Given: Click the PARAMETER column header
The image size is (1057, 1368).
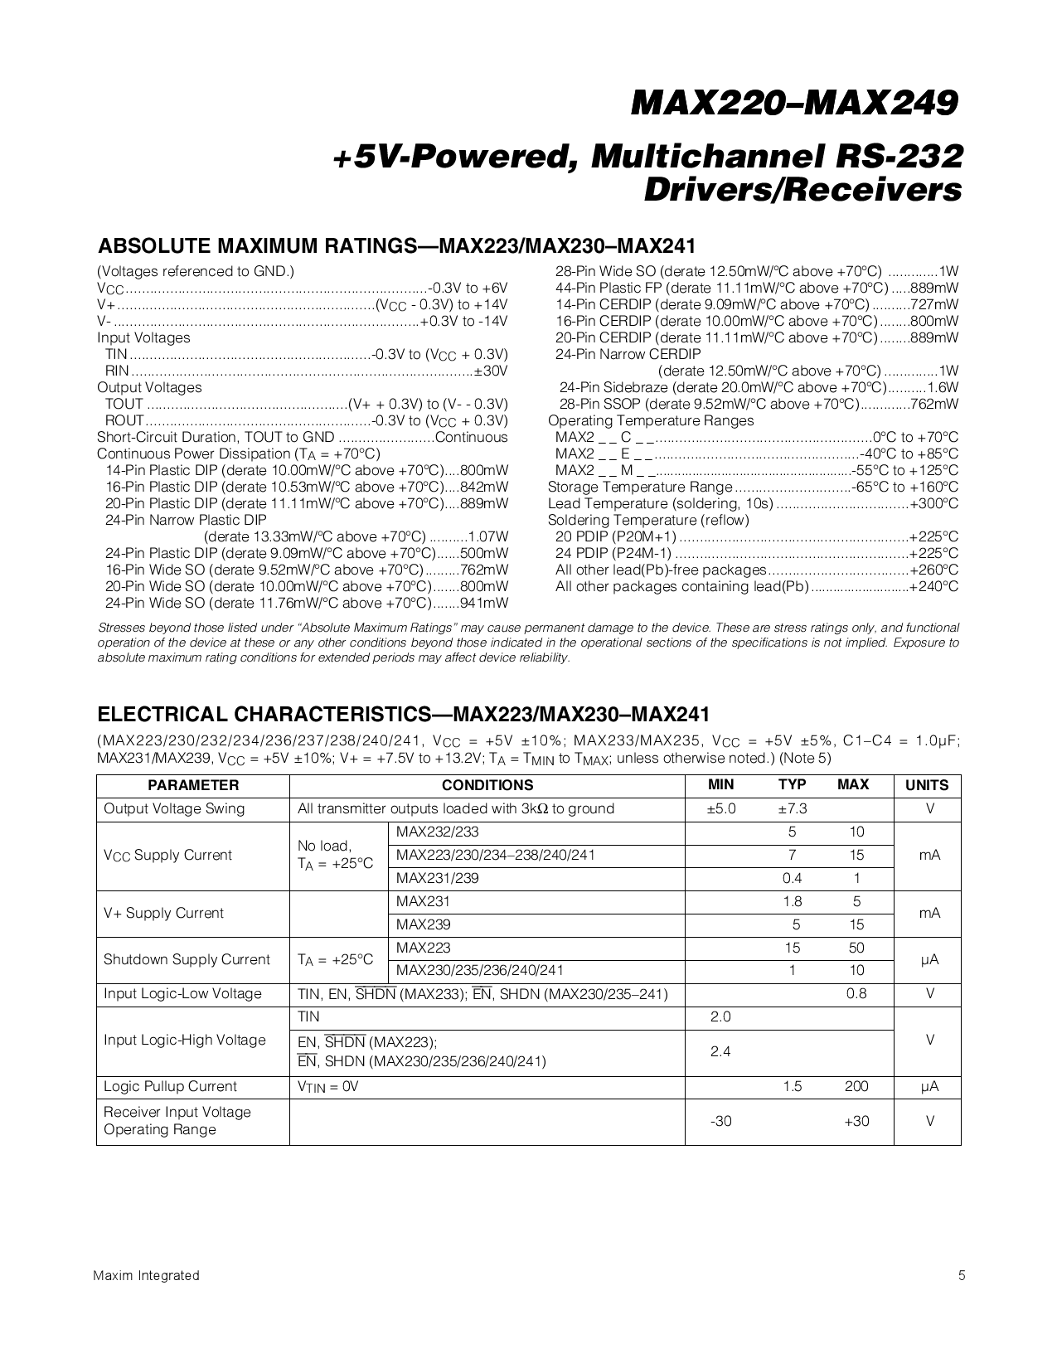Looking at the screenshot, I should click(x=193, y=785).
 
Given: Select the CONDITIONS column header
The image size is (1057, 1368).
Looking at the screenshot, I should click(x=487, y=785).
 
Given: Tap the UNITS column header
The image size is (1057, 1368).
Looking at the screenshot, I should click(x=927, y=785).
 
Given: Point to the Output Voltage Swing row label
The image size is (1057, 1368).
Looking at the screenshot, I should click(x=174, y=808).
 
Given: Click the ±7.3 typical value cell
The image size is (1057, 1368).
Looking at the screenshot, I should click(x=792, y=808).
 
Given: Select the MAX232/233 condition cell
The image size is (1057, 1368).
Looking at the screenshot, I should click(x=437, y=832).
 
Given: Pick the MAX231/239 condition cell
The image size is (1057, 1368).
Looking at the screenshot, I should click(x=437, y=878).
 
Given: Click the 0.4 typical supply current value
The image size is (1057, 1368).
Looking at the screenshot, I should click(x=792, y=878).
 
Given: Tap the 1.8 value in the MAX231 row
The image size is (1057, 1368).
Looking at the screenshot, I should click(x=792, y=901).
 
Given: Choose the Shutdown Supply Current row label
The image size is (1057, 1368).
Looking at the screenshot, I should click(x=187, y=959).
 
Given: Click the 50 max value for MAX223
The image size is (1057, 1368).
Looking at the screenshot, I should click(x=856, y=948).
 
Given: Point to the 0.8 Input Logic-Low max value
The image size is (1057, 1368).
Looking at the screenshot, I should click(x=856, y=993).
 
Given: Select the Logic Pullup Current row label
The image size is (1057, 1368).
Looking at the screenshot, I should click(x=170, y=1086).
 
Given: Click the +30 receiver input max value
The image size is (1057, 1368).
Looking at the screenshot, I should click(x=856, y=1121).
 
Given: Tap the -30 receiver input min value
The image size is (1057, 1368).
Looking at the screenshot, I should click(x=720, y=1121).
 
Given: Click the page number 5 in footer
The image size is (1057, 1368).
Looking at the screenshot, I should click(x=962, y=1276).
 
